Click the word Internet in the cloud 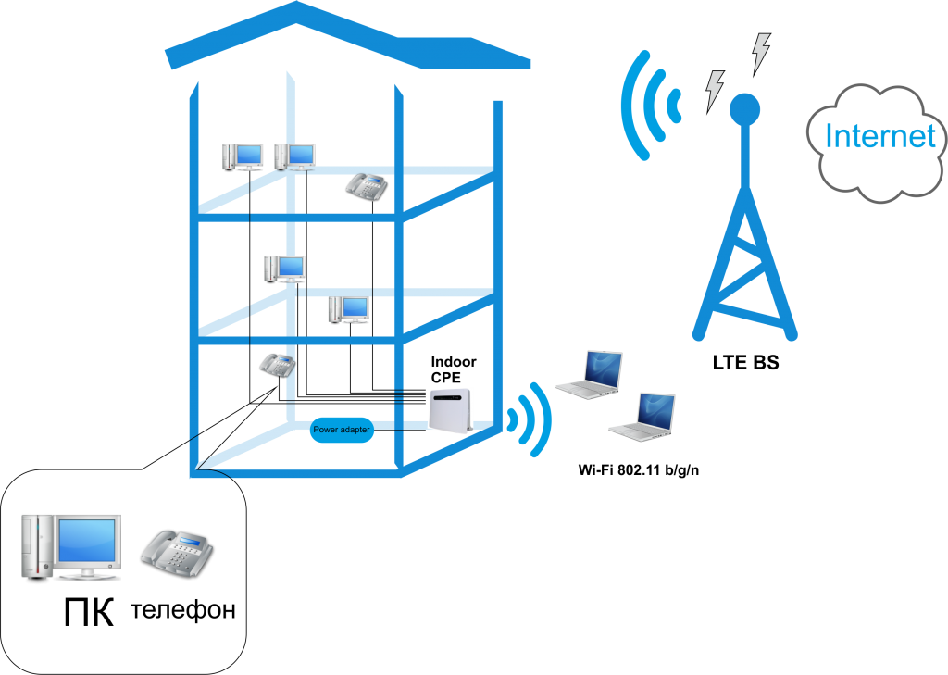[x=880, y=137]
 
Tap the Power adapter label [x=342, y=430]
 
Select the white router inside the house [x=450, y=410]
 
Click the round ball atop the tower [x=744, y=109]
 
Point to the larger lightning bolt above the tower [x=760, y=53]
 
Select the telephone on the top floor [x=366, y=185]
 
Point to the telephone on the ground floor [x=277, y=364]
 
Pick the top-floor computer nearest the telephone [x=294, y=156]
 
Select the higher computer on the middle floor [x=284, y=268]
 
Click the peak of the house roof [x=296, y=7]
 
